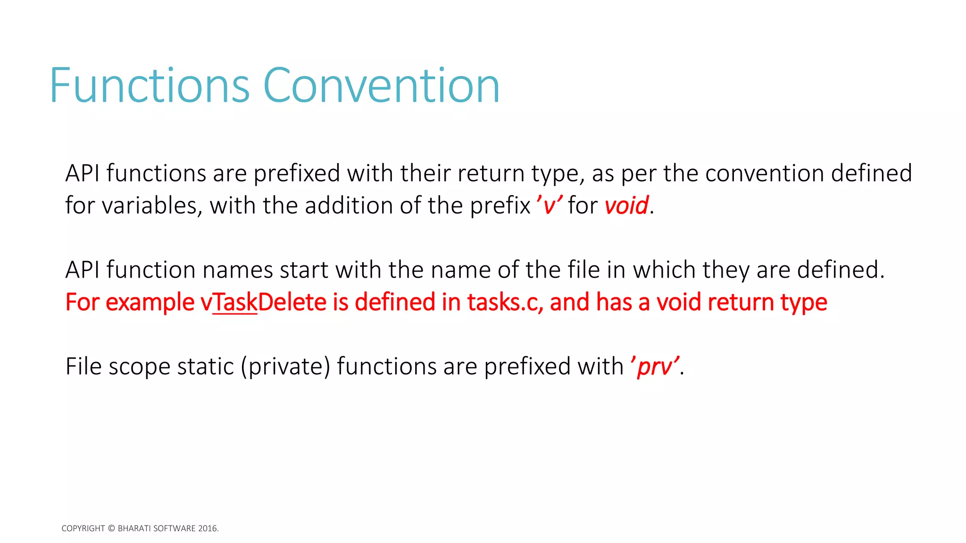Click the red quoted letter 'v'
click(549, 206)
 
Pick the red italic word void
click(626, 206)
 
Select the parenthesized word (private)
click(286, 367)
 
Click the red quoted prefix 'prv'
click(655, 367)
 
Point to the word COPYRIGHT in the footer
click(83, 528)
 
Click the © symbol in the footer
click(111, 528)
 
